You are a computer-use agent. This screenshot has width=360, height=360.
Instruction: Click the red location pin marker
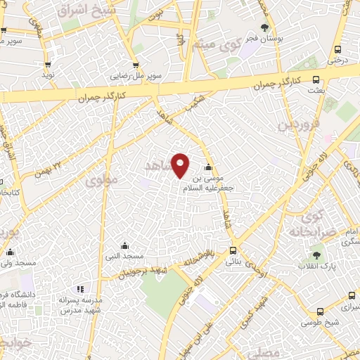pos(181,165)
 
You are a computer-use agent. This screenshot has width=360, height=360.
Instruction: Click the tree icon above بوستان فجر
pos(264,28)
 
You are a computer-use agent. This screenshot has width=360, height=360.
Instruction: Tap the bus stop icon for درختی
pos(338,50)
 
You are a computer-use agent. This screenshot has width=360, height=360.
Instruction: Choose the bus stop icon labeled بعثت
pos(316,79)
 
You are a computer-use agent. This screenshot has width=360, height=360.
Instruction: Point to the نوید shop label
pos(48,74)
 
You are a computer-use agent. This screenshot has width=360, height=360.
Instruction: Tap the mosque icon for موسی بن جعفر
pos(207,167)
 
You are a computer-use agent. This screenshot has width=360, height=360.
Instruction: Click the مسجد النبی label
pos(124,256)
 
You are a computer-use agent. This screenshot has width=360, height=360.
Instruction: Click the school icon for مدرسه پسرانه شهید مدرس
pos(79,288)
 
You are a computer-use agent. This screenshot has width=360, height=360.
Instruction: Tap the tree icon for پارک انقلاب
pos(316,255)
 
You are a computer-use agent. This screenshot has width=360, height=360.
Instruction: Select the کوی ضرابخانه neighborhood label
pos(309,224)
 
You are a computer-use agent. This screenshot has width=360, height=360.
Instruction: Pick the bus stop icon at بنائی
pos(233,250)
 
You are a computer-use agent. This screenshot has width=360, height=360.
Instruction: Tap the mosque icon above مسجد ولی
pos(10,252)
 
